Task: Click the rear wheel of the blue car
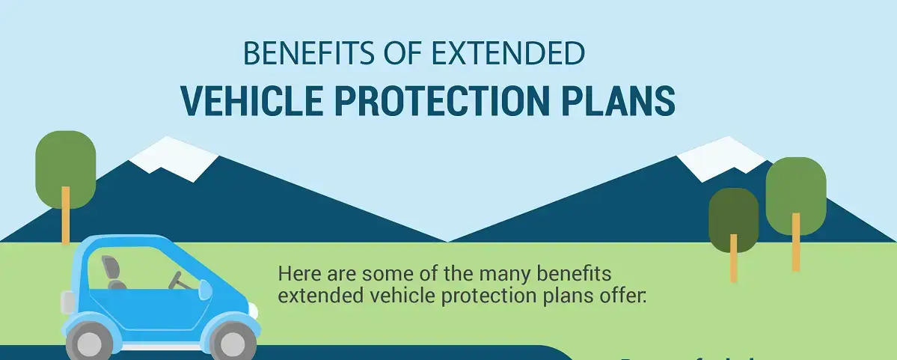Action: point(89,344)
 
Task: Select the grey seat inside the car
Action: point(114,272)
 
